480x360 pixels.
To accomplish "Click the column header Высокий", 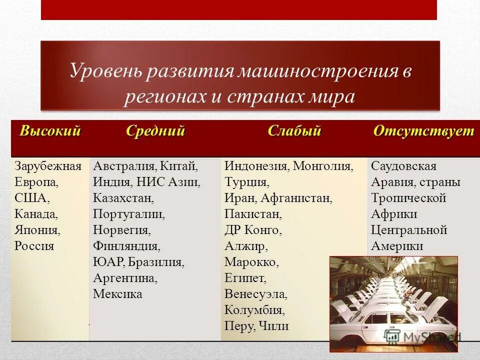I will [50, 131].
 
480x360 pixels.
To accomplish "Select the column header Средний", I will [155, 131].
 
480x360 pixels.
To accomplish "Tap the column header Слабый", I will [294, 131].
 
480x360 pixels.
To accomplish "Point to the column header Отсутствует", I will [423, 131].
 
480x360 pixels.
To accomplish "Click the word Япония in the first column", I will [37, 230].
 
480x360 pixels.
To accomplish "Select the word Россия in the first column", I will [34, 246].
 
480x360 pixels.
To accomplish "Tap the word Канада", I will [36, 214].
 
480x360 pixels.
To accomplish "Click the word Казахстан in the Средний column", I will [123, 198].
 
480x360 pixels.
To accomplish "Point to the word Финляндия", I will [126, 246].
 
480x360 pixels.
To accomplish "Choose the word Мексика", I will [117, 294].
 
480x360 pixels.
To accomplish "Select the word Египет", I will [245, 278].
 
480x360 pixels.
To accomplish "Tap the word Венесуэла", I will [255, 294].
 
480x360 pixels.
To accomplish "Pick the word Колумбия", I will [254, 310].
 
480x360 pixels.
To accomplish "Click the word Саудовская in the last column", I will [403, 166].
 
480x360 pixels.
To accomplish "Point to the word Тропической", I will [408, 198].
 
